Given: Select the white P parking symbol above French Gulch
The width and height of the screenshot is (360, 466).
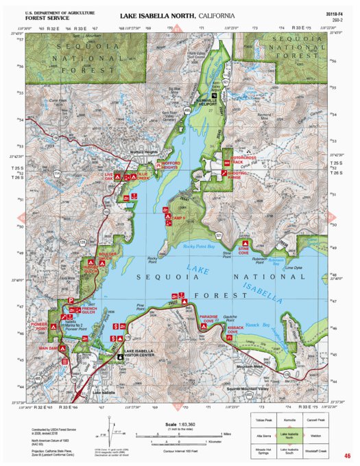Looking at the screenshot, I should [71, 301].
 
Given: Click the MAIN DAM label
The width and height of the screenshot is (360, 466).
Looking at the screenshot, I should [47, 349].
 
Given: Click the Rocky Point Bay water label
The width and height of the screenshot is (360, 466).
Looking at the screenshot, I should [200, 246].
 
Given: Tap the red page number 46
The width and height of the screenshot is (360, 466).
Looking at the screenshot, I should [348, 456].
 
